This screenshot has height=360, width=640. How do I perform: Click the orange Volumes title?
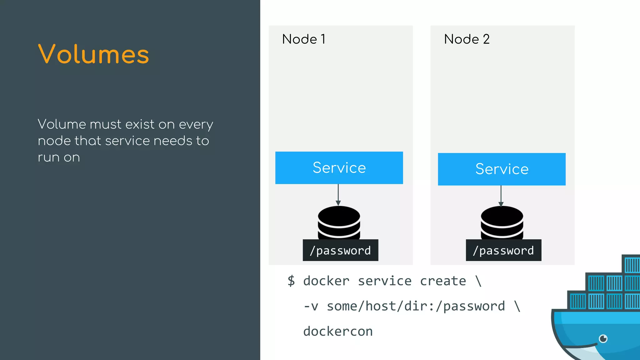[x=93, y=54]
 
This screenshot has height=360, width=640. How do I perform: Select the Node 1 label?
[x=304, y=39]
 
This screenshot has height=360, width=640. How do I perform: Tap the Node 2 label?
[x=467, y=39]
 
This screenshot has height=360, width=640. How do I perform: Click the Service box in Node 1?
[x=339, y=168]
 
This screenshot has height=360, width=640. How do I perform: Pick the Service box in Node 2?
[x=502, y=169]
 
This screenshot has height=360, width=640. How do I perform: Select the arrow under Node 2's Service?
[x=501, y=196]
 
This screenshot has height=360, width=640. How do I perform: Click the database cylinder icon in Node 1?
[x=339, y=222]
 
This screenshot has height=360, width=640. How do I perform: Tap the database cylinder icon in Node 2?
[x=502, y=222]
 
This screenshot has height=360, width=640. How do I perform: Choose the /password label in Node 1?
[x=340, y=250]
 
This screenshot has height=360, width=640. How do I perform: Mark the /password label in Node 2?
[x=503, y=250]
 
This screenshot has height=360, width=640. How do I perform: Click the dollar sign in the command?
[x=291, y=281]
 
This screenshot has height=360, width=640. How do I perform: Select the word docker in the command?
[x=326, y=281]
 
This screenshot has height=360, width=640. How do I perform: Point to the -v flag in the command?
[x=311, y=306]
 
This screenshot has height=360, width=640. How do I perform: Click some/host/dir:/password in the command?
[x=416, y=306]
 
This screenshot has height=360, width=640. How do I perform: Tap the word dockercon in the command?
[x=338, y=332]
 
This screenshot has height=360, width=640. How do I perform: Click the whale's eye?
[x=603, y=338]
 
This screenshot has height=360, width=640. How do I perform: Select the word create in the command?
[x=443, y=281]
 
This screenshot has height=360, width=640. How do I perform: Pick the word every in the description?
[x=196, y=125]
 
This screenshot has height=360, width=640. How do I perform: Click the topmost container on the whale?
[x=631, y=264]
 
